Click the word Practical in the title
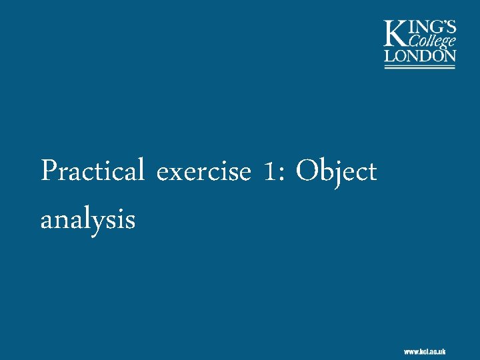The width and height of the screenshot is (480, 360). tap(93, 172)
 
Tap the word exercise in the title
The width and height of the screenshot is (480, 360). tap(204, 173)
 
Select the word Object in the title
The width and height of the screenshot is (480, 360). tap(337, 172)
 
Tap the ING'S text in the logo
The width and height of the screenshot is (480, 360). tap(433, 27)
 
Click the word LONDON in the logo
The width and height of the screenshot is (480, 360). tap(420, 56)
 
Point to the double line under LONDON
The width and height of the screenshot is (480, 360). tap(420, 66)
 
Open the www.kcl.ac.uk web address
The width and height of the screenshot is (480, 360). tap(425, 351)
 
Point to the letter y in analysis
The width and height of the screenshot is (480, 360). tap(106, 222)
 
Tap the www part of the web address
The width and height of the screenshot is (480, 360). tap(410, 351)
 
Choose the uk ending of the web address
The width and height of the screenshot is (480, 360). tap(441, 351)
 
